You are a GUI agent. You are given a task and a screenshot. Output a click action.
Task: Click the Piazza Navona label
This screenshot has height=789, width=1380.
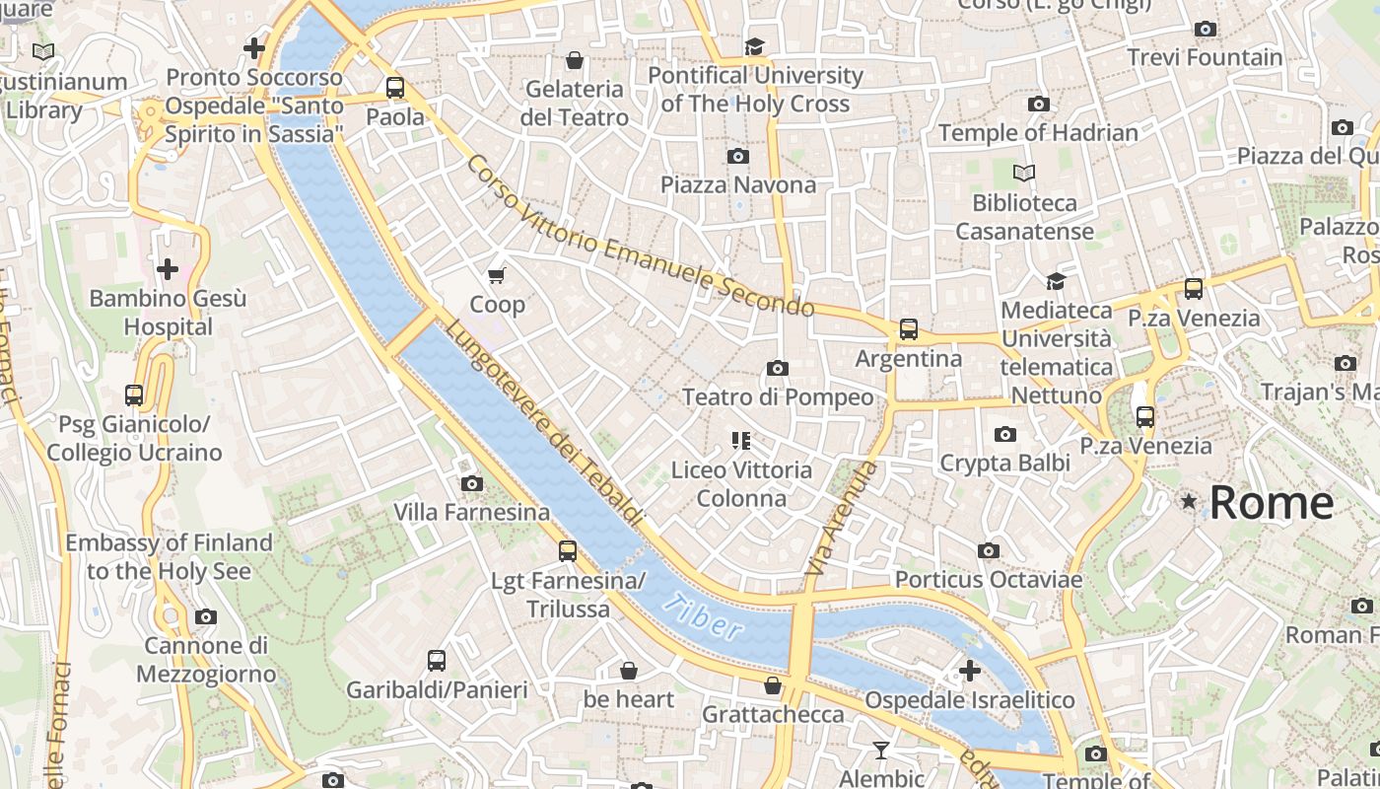[738, 184]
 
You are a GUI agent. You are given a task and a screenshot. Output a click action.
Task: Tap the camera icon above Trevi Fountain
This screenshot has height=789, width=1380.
[1205, 30]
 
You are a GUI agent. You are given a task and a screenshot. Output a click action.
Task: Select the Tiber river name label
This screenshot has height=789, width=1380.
[702, 616]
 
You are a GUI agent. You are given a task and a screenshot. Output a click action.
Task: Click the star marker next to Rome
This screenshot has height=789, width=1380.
[1189, 502]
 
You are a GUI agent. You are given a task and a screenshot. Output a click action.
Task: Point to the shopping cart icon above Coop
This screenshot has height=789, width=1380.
[497, 275]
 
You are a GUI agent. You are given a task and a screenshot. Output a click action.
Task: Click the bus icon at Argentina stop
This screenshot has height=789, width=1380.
[908, 329]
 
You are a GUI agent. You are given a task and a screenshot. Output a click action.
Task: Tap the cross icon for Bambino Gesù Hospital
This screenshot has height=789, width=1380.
[168, 269]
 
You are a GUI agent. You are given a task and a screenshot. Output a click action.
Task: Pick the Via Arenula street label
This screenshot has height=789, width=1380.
[840, 519]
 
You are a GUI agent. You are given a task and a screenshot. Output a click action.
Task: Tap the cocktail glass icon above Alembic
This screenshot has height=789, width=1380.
[881, 751]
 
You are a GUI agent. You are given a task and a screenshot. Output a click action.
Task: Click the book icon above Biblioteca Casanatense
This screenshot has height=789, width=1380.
[1024, 174]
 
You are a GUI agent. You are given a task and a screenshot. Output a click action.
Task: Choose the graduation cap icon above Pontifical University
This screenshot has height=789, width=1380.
[755, 46]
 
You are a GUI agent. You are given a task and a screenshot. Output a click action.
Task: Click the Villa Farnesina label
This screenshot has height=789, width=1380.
[472, 513]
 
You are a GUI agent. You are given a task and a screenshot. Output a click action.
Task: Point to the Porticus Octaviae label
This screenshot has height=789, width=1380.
[988, 580]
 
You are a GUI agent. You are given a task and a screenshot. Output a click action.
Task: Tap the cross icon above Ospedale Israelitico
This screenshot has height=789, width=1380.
[970, 671]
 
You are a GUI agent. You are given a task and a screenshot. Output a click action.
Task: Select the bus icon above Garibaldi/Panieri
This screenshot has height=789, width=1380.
[437, 661]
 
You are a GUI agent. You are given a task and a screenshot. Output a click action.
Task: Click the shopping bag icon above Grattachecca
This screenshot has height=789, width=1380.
[773, 684]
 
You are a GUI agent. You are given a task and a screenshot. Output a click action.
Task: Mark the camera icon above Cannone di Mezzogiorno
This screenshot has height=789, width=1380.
[205, 617]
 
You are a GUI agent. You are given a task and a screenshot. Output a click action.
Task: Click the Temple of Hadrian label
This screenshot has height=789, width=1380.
[1038, 132]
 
